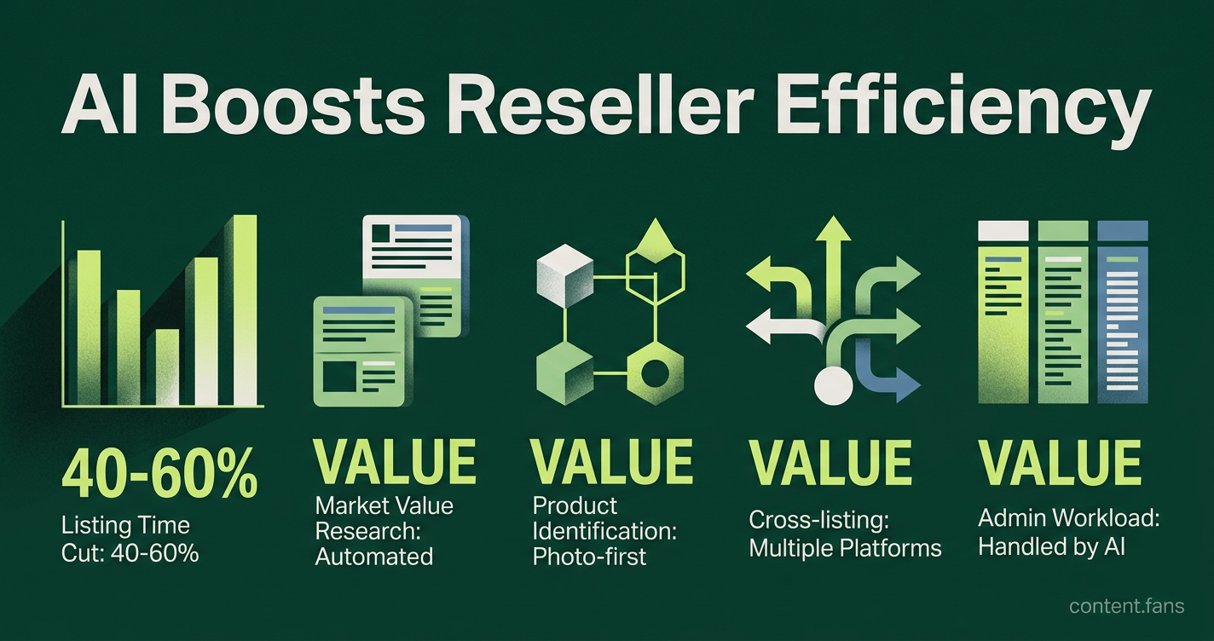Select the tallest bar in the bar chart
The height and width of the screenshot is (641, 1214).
[x=245, y=310]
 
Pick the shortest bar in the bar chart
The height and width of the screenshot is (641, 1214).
[x=167, y=367]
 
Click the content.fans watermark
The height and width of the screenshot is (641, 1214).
[x=1126, y=606]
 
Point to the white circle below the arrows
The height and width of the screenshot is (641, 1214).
[x=834, y=386]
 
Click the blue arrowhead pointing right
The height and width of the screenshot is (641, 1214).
[x=908, y=384]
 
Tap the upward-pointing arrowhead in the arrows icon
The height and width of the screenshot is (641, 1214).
[x=834, y=228]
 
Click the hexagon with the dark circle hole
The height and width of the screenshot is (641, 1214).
[x=656, y=374]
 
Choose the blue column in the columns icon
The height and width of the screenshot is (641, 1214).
[x=1123, y=312]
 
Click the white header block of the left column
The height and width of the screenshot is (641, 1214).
[x=1003, y=230]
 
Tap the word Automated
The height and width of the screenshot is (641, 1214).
[x=374, y=557]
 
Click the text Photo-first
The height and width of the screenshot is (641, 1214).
[x=589, y=557]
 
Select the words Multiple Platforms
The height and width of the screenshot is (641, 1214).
[x=845, y=548]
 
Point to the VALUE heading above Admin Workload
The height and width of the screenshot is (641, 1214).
[x=1060, y=462]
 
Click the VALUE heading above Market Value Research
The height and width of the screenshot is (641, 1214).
[x=395, y=462]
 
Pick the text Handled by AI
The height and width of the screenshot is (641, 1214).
[x=1051, y=546]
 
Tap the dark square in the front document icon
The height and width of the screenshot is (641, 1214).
[x=339, y=376]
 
